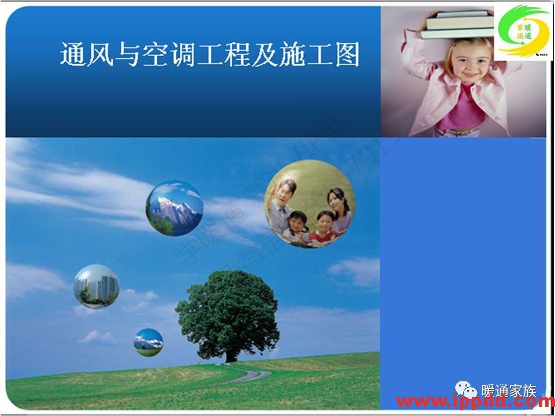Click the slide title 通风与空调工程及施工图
pyautogui.click(x=210, y=55)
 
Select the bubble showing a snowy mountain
pyautogui.click(x=174, y=208)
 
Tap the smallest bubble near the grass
pyautogui.click(x=149, y=342)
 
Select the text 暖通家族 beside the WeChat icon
pyautogui.click(x=509, y=391)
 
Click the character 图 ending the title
pyautogui.click(x=347, y=55)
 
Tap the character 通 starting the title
pyautogui.click(x=73, y=55)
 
